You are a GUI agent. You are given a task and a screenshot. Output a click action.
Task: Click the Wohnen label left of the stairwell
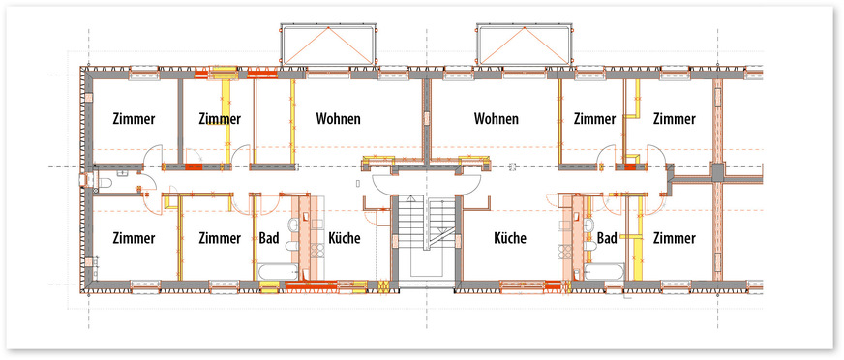tap(338, 118)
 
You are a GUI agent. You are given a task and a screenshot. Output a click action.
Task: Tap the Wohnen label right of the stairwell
tap(497, 118)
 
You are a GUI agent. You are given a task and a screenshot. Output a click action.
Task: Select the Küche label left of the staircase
tap(344, 237)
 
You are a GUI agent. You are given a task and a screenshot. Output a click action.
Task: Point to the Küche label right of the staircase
tap(510, 237)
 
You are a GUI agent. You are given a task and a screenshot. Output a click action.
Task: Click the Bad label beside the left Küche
tap(269, 237)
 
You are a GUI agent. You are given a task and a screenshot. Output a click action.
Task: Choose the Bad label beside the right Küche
tap(607, 237)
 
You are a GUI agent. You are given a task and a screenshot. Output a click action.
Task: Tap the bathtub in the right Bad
tap(605, 271)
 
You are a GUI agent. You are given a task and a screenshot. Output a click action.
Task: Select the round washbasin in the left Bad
tap(294, 225)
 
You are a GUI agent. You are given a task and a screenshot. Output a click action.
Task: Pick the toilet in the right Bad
tap(588, 246)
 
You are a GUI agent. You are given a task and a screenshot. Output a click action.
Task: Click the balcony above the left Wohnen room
tap(328, 45)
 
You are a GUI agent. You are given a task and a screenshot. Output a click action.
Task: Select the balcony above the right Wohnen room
tap(524, 45)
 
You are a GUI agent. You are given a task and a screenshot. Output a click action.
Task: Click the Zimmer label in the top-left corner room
tap(134, 119)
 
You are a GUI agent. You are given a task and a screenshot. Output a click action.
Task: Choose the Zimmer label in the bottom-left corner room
tap(134, 238)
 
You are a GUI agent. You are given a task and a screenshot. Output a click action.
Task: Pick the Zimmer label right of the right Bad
tap(675, 238)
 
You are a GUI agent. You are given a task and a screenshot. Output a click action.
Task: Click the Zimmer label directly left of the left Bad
tap(220, 238)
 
